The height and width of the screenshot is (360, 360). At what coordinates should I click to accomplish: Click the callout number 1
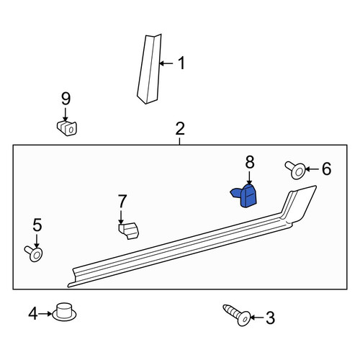(x=181, y=63)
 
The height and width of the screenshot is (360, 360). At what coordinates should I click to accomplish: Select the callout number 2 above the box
(x=180, y=129)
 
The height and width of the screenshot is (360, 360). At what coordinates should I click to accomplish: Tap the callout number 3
(x=270, y=318)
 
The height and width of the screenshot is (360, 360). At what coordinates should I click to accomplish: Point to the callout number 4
(x=33, y=314)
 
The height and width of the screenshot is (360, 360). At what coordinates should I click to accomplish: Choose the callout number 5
(x=37, y=225)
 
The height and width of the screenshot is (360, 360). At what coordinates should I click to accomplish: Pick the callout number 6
(x=326, y=168)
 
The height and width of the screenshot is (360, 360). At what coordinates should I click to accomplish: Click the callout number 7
(x=122, y=201)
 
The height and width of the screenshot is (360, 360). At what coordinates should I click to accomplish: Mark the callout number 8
(x=250, y=162)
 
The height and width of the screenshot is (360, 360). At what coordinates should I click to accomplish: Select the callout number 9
(x=66, y=99)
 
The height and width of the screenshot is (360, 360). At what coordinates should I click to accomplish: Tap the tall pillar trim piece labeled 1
(x=149, y=70)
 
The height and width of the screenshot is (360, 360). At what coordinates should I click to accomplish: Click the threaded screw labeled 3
(x=237, y=315)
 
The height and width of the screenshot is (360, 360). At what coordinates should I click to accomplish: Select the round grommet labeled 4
(x=64, y=312)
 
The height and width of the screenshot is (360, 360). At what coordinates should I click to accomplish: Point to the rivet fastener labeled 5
(x=34, y=253)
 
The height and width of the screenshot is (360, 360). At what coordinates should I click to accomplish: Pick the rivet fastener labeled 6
(x=295, y=170)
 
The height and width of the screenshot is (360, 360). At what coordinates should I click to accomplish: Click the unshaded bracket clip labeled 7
(x=129, y=230)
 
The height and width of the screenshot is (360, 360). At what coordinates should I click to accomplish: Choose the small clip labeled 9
(x=67, y=128)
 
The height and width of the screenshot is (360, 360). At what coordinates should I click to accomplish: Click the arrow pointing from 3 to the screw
(x=258, y=318)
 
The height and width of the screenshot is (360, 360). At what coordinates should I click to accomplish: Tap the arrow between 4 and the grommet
(x=45, y=314)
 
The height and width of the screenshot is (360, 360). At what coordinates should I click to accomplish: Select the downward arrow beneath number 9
(x=66, y=115)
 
